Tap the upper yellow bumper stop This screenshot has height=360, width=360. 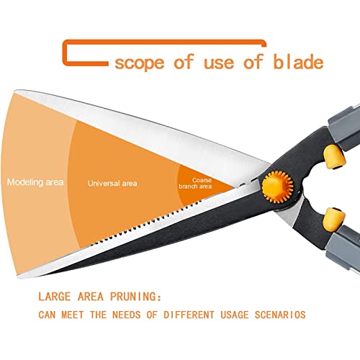334,157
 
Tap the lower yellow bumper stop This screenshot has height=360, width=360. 334,220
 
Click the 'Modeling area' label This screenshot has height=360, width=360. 35,182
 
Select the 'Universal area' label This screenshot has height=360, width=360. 112,184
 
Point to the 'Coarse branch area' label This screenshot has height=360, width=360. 195,184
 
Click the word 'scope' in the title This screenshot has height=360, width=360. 140,63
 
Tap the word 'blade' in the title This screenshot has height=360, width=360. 298,61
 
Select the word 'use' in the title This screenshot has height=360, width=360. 219,63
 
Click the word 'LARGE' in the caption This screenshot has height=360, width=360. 55,297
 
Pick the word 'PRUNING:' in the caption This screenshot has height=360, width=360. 135,297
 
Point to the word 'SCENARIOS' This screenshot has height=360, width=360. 280,315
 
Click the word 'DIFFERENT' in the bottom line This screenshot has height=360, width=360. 189,315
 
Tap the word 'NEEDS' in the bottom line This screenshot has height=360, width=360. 126,315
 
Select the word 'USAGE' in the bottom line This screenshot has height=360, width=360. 235,315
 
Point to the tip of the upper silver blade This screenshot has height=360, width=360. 15,91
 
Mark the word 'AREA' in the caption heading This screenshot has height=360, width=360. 91,297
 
